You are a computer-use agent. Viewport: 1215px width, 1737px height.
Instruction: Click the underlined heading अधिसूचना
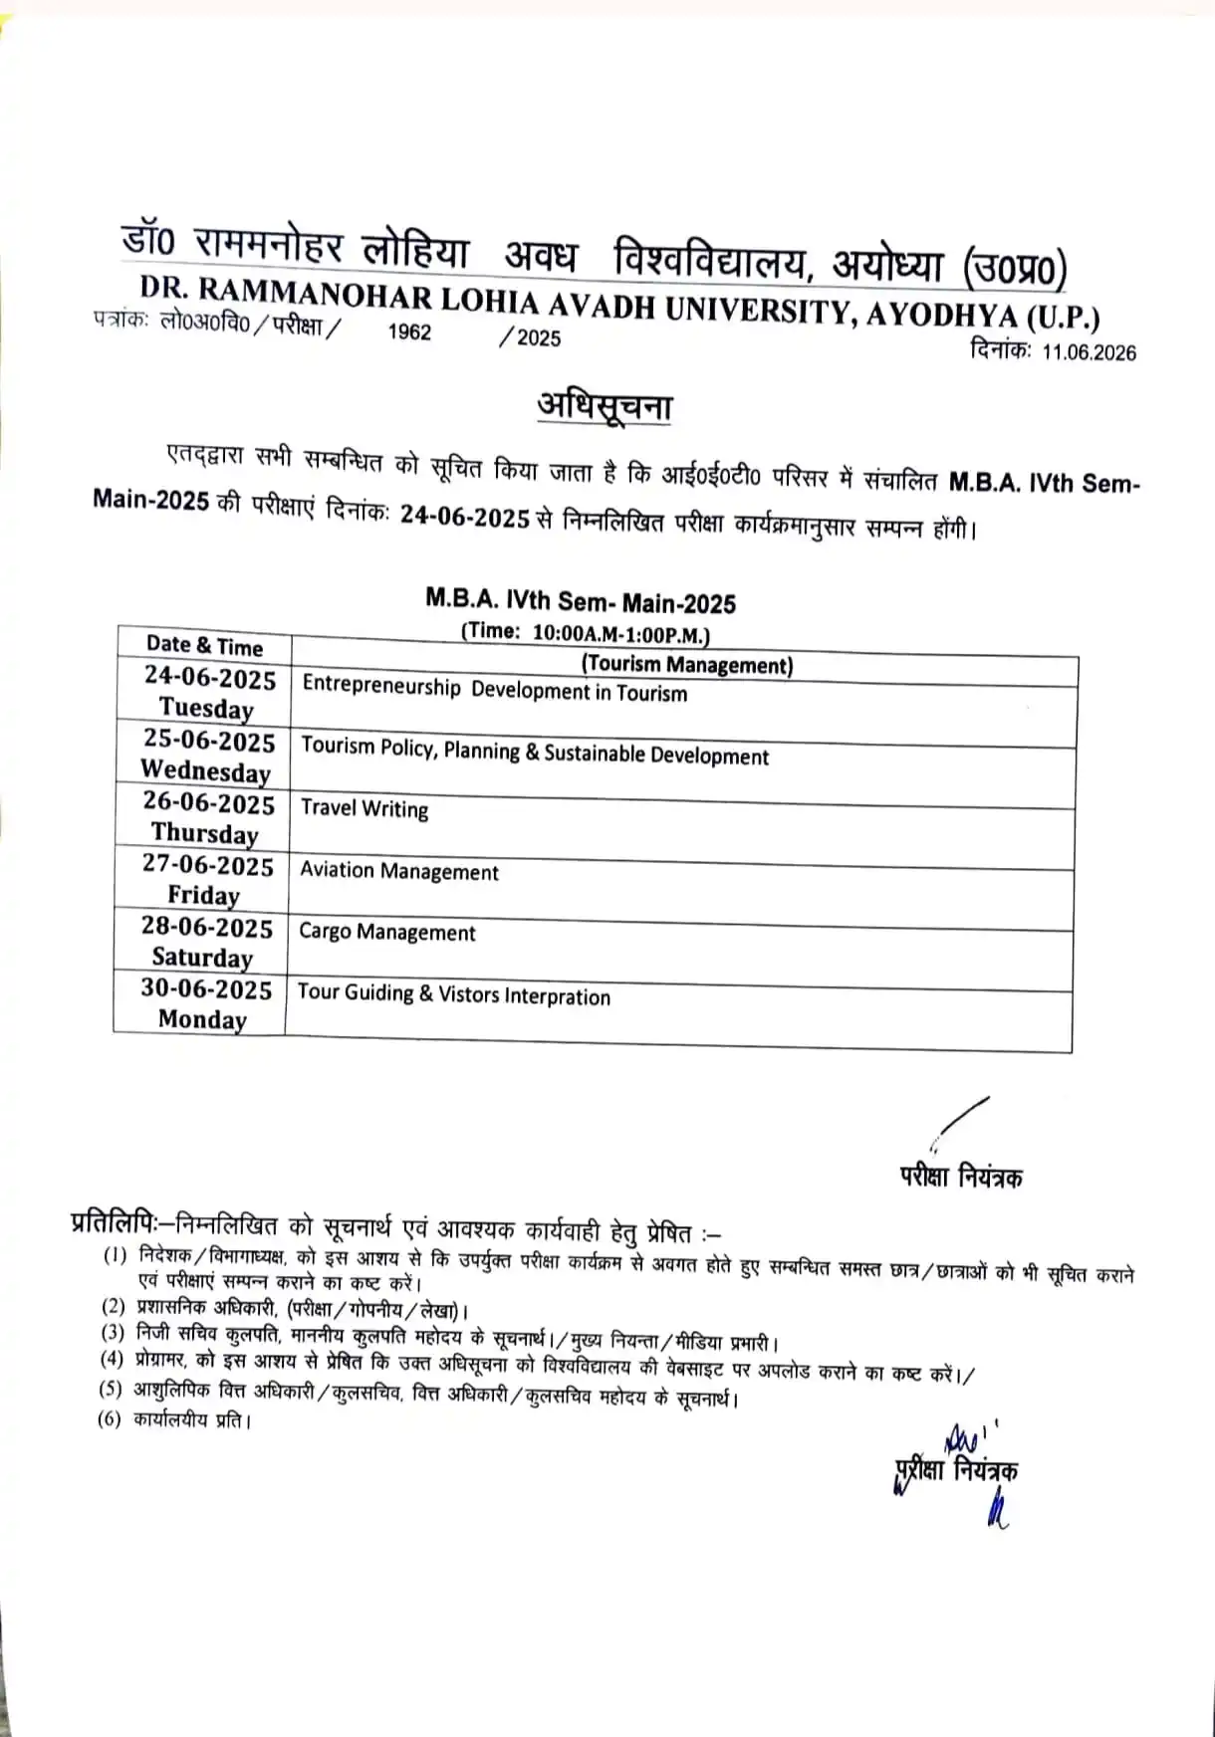tap(605, 408)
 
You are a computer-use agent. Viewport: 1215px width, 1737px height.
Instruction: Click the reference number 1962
tap(409, 332)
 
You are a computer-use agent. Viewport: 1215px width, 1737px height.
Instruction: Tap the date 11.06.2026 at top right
tap(1089, 352)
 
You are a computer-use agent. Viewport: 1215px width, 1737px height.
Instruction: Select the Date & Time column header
tap(204, 646)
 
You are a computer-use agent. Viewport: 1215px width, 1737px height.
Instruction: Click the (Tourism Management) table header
tap(687, 664)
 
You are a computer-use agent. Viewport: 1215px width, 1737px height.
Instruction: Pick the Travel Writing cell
tap(364, 808)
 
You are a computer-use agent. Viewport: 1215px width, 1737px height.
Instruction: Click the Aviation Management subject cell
tap(398, 871)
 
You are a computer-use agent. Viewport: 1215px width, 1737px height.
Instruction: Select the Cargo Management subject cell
tap(387, 933)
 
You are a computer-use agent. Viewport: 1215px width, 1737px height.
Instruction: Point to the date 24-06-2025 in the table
tap(209, 678)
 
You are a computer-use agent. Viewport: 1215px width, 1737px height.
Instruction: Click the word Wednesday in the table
tap(205, 770)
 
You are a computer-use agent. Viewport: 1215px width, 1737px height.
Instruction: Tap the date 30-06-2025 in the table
tap(205, 989)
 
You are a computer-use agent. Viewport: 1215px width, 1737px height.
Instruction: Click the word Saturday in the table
tap(202, 958)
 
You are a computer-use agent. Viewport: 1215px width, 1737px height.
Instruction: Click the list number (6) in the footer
tap(109, 1418)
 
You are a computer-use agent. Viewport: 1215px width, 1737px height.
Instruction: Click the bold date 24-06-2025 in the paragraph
tap(464, 517)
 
